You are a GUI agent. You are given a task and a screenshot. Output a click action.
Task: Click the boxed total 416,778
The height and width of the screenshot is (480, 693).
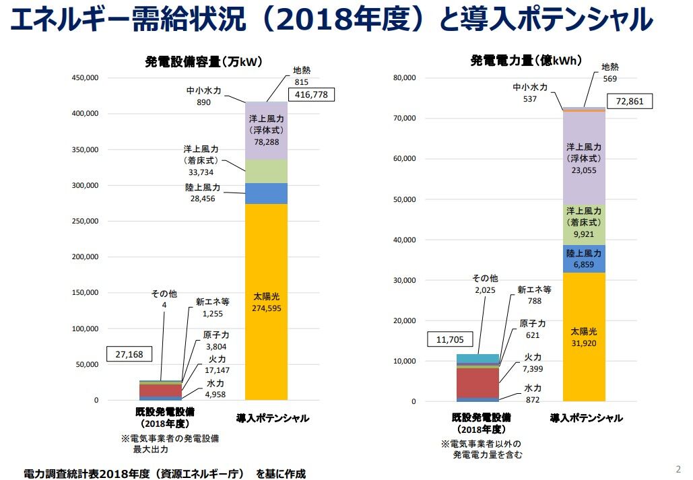(311, 94)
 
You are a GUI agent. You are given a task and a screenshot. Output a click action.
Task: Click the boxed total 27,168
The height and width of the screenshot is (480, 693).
(129, 354)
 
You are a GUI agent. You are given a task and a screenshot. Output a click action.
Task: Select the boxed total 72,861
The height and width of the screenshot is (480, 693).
(629, 101)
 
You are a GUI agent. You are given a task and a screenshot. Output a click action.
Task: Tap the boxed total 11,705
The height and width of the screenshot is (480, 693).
(450, 339)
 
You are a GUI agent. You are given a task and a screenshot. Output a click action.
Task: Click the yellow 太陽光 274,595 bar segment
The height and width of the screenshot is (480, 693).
(266, 302)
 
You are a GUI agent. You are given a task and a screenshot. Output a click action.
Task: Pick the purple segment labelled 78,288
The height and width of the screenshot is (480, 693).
(266, 131)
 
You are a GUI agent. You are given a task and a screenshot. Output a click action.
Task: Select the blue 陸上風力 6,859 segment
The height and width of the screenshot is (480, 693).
(584, 259)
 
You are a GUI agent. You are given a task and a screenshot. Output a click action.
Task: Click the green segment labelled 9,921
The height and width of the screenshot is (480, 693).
(584, 225)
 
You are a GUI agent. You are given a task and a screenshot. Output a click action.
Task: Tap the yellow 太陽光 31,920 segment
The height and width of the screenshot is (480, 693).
(584, 337)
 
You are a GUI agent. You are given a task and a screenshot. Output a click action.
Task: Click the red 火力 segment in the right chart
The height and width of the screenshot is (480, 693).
(477, 383)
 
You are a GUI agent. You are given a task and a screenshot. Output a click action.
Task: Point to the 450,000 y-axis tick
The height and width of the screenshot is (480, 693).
(86, 78)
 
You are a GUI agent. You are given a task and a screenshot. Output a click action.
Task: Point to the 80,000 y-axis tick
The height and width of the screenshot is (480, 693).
(404, 78)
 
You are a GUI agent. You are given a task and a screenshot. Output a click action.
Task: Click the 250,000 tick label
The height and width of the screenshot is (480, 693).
(86, 221)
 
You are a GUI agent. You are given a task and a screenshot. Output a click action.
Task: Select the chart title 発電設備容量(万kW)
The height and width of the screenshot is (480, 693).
(204, 61)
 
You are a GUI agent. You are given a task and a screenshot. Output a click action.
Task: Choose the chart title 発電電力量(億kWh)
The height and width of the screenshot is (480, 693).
(526, 60)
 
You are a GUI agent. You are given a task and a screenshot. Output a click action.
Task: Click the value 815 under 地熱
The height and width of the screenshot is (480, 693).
(302, 82)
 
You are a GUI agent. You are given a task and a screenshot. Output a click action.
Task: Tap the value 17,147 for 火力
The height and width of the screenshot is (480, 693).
(217, 370)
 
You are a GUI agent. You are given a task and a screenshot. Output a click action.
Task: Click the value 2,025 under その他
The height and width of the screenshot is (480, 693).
(485, 290)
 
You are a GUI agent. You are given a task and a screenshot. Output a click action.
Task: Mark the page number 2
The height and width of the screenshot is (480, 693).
(678, 469)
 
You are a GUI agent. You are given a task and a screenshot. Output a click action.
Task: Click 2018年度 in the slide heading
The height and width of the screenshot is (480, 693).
(348, 20)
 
